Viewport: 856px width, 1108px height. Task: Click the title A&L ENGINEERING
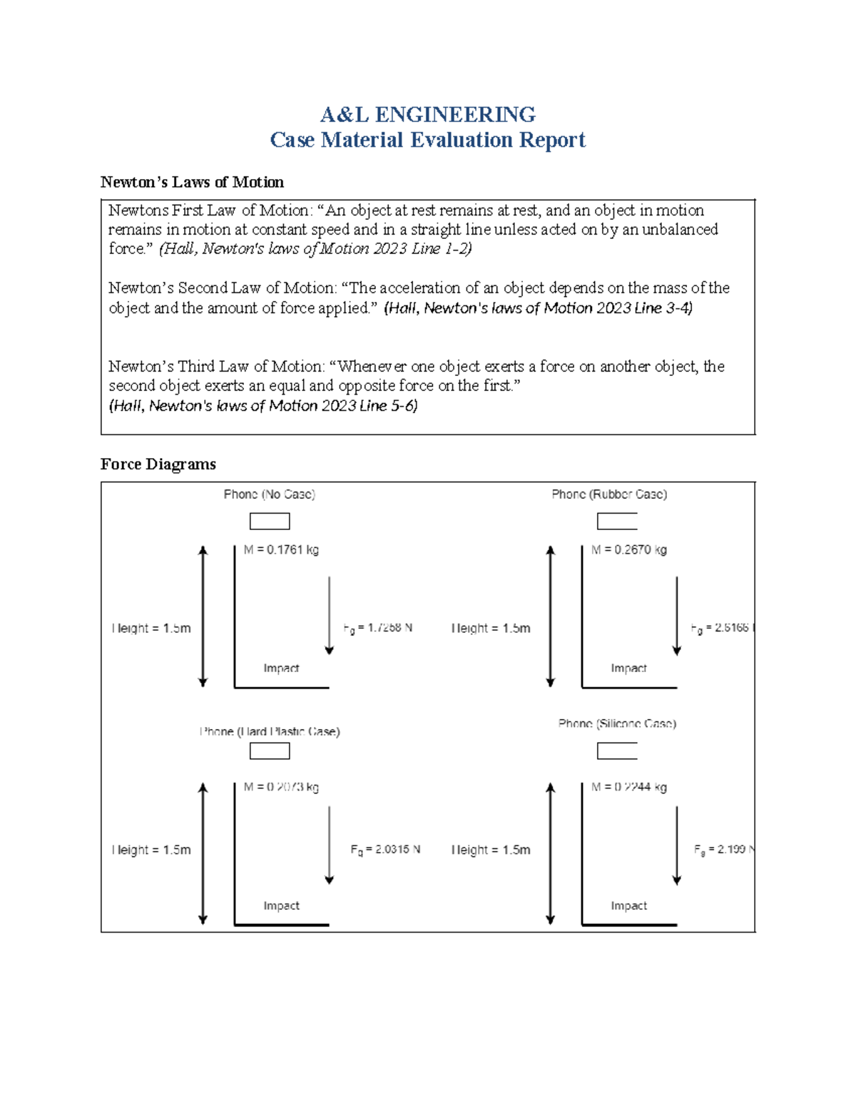427,114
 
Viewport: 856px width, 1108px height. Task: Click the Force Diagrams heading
158,464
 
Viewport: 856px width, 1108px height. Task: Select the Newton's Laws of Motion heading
192,183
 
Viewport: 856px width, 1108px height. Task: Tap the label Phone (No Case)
269,494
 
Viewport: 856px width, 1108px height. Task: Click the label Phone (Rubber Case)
609,494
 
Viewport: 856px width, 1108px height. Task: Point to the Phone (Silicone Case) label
617,723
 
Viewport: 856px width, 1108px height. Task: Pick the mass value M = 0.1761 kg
281,550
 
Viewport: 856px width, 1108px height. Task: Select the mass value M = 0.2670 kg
628,550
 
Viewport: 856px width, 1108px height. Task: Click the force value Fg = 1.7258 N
377,629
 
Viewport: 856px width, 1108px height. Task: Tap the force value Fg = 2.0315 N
385,850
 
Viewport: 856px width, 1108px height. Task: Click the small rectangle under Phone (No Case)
270,522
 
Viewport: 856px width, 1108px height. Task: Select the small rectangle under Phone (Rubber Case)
617,522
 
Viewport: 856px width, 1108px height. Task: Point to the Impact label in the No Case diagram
281,669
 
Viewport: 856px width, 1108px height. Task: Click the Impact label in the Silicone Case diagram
628,906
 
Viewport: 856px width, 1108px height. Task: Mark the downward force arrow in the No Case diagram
329,615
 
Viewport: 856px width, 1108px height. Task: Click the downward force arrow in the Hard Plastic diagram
329,845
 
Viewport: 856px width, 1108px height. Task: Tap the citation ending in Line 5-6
263,406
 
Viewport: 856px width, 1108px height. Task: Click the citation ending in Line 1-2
315,249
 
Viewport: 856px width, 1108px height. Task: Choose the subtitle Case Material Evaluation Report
427,140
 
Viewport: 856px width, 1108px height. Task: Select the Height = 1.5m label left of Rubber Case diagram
491,629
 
